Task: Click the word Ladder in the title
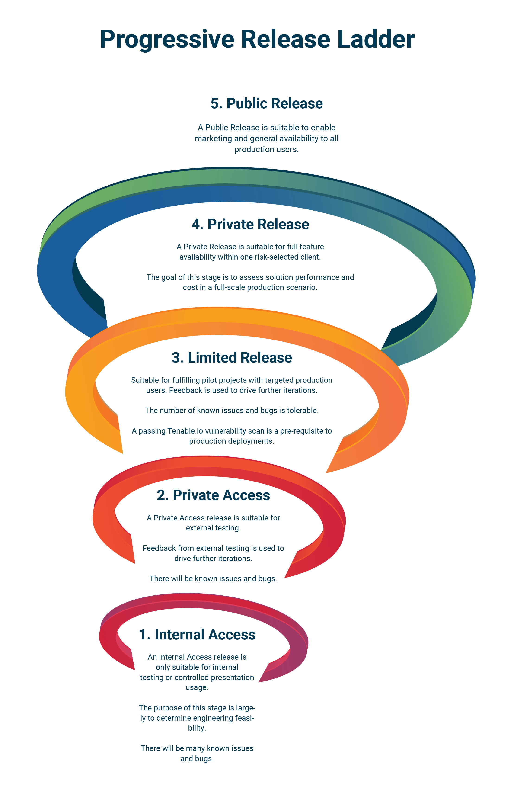point(375,39)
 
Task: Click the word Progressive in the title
point(167,39)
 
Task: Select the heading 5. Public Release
point(266,103)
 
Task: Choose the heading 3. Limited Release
point(232,357)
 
